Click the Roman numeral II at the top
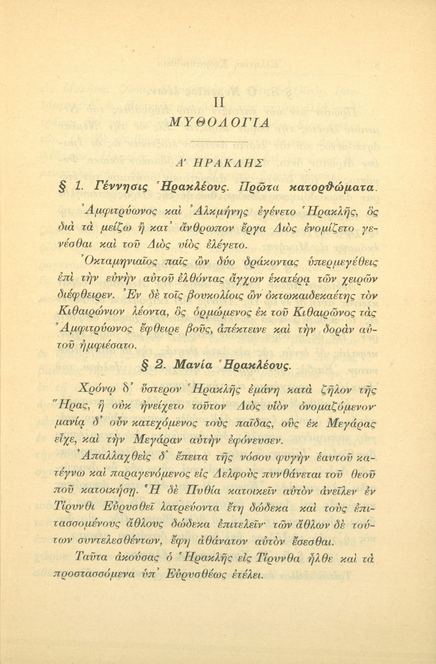[x=219, y=103]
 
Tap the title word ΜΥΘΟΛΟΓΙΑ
[x=219, y=122]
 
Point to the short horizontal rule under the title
[x=219, y=142]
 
